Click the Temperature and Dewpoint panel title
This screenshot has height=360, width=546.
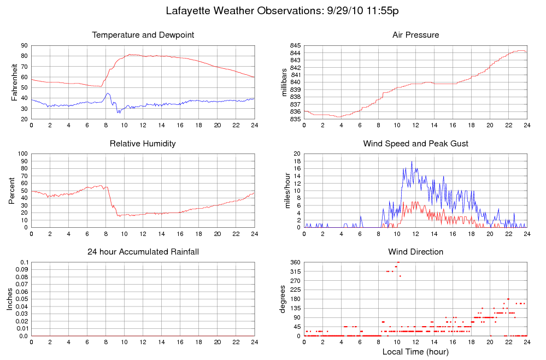coord(143,35)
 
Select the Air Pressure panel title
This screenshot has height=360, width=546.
coord(415,35)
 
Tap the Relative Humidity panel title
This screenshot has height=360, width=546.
coord(143,144)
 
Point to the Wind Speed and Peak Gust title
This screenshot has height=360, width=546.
coord(415,144)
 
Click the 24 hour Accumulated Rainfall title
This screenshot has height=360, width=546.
coord(143,252)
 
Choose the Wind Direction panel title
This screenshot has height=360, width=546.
coord(415,252)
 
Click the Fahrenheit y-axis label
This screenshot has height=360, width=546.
coord(14,82)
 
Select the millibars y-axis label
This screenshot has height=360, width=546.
coord(284,82)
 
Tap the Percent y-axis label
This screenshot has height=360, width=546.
coord(11,191)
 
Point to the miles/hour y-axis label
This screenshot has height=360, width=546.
coord(284,191)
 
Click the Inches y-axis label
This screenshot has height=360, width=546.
coord(10,299)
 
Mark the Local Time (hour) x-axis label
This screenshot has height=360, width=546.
coord(415,352)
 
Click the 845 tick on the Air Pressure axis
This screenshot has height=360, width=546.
coord(295,45)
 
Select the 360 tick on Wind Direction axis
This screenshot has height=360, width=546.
coord(295,263)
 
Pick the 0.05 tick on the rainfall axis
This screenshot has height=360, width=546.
coord(22,299)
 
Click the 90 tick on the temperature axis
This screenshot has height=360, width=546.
coord(24,45)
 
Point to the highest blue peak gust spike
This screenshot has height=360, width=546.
coord(412,162)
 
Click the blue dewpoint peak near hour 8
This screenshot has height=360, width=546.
coord(108,93)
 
